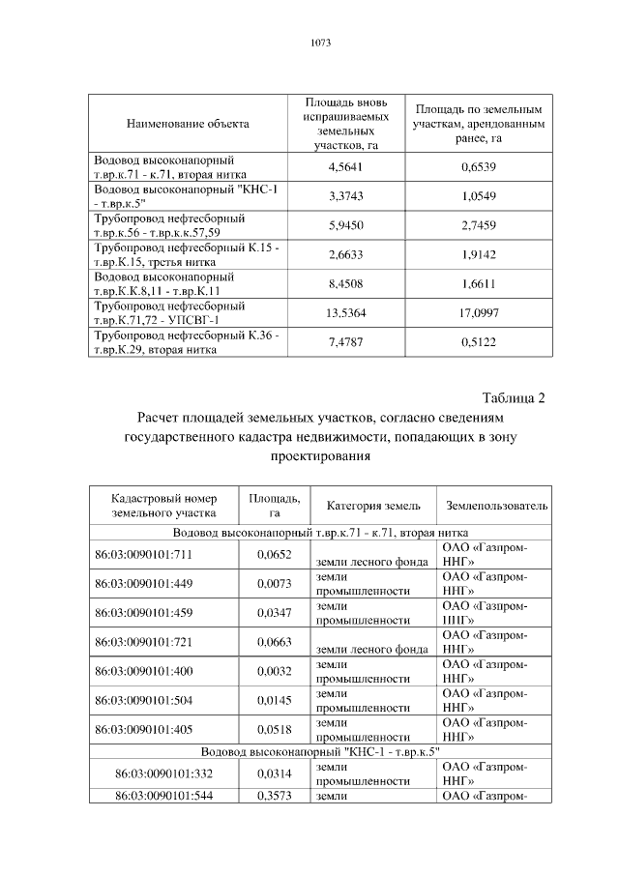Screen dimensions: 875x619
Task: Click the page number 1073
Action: click(x=320, y=44)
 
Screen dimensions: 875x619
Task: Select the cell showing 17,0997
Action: click(x=479, y=313)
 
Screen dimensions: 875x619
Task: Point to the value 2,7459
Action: click(x=479, y=225)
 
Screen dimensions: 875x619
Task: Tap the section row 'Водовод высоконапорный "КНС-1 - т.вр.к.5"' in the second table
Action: click(x=320, y=750)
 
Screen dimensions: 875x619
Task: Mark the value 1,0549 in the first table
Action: click(x=479, y=196)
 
